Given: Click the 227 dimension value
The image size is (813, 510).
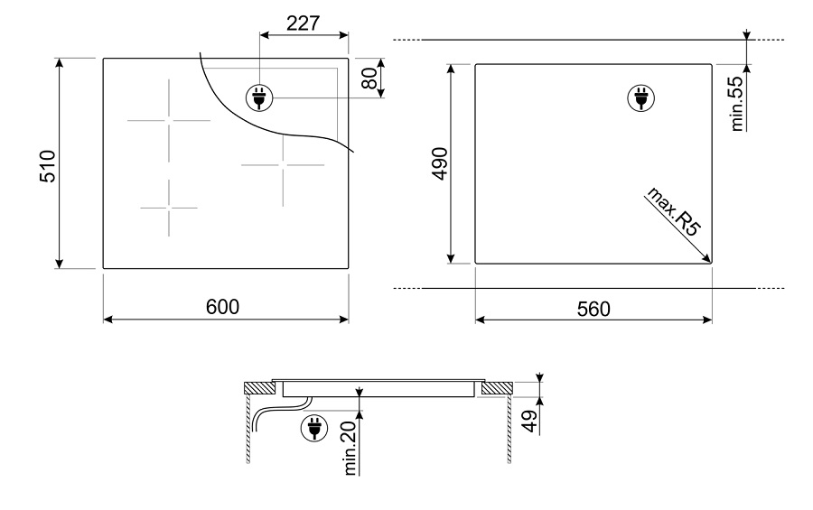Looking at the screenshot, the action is click(304, 23).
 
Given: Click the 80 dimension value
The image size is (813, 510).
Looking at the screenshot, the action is click(369, 79).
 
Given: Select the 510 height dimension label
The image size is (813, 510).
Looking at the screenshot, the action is click(47, 166).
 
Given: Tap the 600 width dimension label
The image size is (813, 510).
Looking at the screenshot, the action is click(222, 307).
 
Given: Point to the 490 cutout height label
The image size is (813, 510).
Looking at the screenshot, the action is click(440, 163).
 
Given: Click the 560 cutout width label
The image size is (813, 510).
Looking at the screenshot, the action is click(593, 309).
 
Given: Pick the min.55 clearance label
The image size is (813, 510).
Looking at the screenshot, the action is click(737, 104).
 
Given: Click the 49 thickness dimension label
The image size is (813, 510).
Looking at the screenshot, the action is click(529, 421).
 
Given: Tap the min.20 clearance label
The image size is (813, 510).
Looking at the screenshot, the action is click(350, 448).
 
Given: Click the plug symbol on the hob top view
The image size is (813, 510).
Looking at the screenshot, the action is click(258, 97).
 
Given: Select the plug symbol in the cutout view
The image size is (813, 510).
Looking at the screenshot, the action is click(640, 98).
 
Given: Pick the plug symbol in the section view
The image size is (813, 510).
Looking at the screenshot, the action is click(314, 429).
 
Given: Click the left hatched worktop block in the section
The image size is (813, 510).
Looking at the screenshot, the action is click(260, 387).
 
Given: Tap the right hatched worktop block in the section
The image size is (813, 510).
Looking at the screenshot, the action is click(497, 387).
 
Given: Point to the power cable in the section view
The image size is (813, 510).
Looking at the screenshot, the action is click(280, 412).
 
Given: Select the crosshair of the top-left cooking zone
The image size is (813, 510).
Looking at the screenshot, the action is click(169, 120).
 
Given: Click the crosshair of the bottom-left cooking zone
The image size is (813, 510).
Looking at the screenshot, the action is click(169, 208).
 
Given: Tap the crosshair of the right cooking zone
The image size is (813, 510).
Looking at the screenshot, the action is click(283, 165).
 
